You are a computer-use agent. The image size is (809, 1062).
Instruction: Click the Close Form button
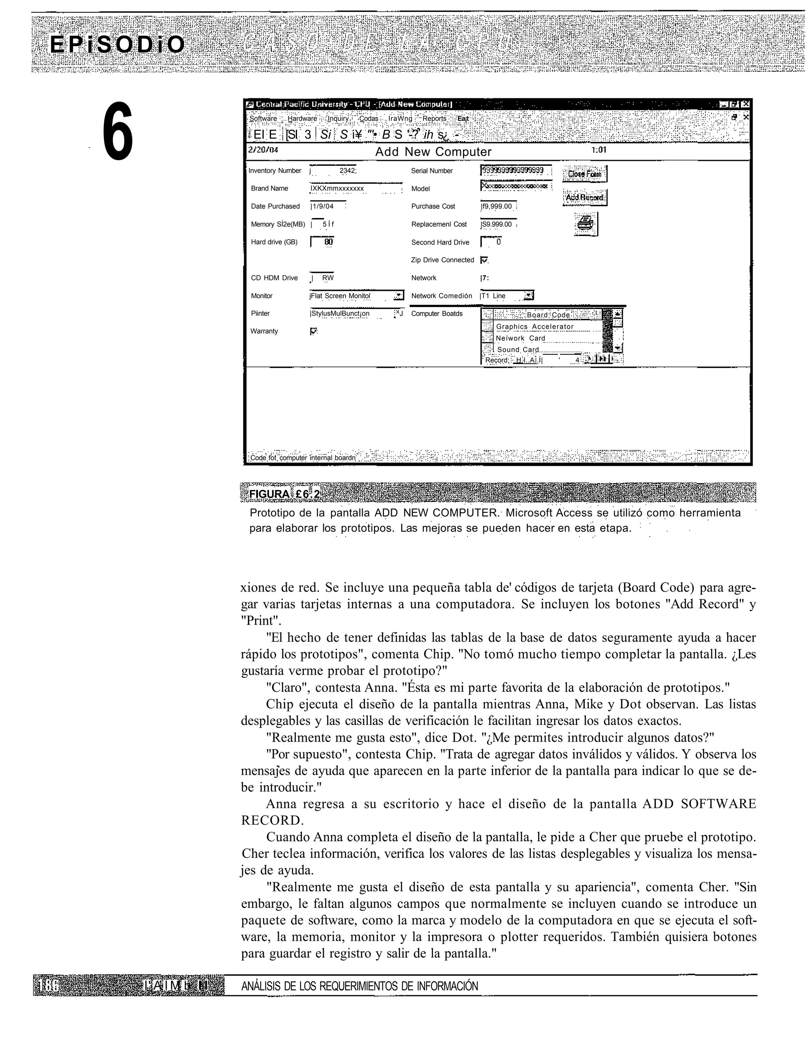(585, 174)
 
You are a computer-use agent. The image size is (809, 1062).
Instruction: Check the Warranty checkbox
(313, 331)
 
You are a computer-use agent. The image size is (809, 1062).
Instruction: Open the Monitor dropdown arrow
(399, 296)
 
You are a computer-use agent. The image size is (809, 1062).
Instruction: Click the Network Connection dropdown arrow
(529, 296)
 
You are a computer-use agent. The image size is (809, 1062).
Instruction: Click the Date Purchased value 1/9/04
(323, 207)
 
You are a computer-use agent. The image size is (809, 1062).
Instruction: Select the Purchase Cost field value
(498, 207)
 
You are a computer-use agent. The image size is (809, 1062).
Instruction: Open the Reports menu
(435, 119)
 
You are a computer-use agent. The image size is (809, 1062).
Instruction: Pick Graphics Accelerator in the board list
(534, 327)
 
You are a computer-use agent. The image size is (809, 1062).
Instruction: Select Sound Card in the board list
(517, 350)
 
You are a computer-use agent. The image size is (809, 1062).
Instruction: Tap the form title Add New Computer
(433, 152)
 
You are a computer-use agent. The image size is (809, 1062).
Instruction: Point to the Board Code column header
(548, 315)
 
